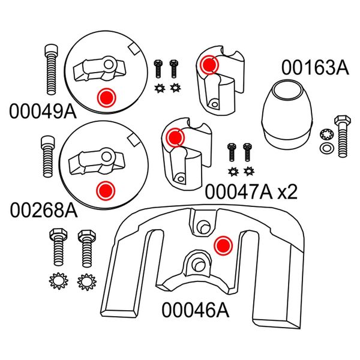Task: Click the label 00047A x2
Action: point(251,191)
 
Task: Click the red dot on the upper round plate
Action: point(106,97)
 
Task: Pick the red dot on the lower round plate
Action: point(105,191)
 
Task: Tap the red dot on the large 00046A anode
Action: point(223,245)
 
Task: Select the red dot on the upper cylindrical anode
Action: point(209,64)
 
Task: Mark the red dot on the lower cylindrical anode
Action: point(175,137)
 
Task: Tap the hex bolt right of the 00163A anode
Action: point(342,137)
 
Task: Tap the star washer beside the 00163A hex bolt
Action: point(325,133)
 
